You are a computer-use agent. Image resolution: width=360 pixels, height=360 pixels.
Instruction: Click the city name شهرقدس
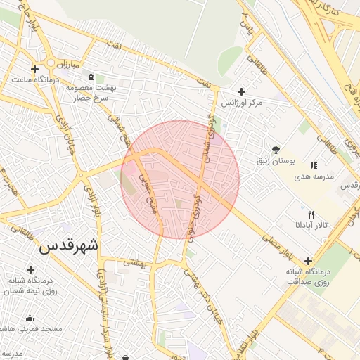point(70,246)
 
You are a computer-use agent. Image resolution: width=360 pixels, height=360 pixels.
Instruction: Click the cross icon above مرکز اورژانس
point(242,91)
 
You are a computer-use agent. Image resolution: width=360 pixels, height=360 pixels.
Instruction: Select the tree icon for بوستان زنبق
point(276,150)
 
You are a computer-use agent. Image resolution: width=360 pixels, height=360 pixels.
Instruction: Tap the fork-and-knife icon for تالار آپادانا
point(311,214)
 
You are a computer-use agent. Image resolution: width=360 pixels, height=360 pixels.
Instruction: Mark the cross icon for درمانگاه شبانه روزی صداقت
point(308,261)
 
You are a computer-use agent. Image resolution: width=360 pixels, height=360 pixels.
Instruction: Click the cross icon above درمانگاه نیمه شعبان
point(30,269)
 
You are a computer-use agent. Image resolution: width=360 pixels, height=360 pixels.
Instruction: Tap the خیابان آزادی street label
point(69,137)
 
